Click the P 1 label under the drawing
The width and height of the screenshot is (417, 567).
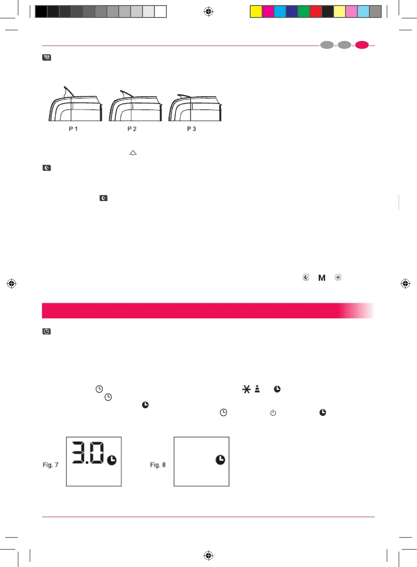coord(73,129)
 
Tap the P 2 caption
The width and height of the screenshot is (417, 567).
coord(132,129)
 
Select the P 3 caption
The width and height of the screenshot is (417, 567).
coord(191,129)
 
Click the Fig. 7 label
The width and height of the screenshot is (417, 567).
coord(51,465)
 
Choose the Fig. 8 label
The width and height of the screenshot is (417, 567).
coord(158,465)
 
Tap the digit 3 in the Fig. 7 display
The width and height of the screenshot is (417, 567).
coord(78,453)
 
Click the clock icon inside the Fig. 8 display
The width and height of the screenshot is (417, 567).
coord(220,460)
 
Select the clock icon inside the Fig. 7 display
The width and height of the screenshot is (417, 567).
coord(112,460)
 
